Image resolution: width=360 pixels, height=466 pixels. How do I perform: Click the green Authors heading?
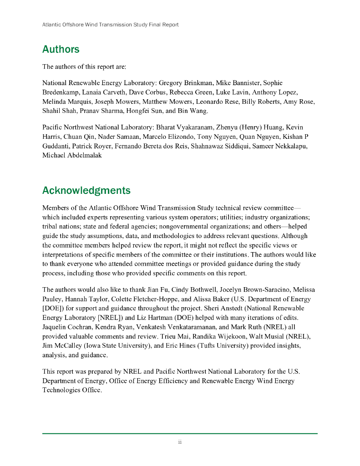click(x=61, y=49)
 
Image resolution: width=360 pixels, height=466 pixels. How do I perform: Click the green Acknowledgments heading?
click(x=86, y=190)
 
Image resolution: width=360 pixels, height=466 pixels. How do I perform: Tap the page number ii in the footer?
click(x=180, y=442)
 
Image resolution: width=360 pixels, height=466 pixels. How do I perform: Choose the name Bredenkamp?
click(x=61, y=92)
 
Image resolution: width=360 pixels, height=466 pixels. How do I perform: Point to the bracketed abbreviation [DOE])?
click(x=54, y=309)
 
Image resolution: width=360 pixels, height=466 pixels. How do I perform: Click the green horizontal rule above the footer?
click(x=180, y=433)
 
